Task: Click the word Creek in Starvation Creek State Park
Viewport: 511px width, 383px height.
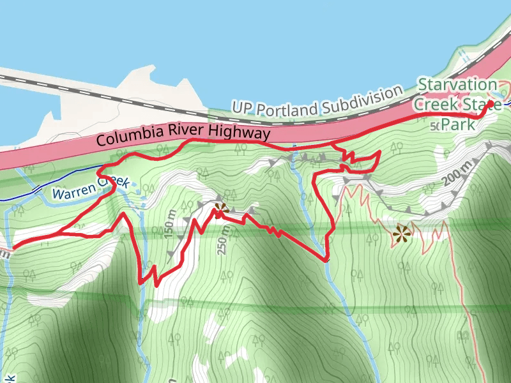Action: [x=434, y=104]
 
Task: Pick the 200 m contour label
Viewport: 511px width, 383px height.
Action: [x=454, y=172]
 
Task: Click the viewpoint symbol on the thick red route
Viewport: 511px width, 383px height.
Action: [x=221, y=209]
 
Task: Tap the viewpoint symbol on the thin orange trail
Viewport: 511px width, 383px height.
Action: [x=401, y=234]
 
